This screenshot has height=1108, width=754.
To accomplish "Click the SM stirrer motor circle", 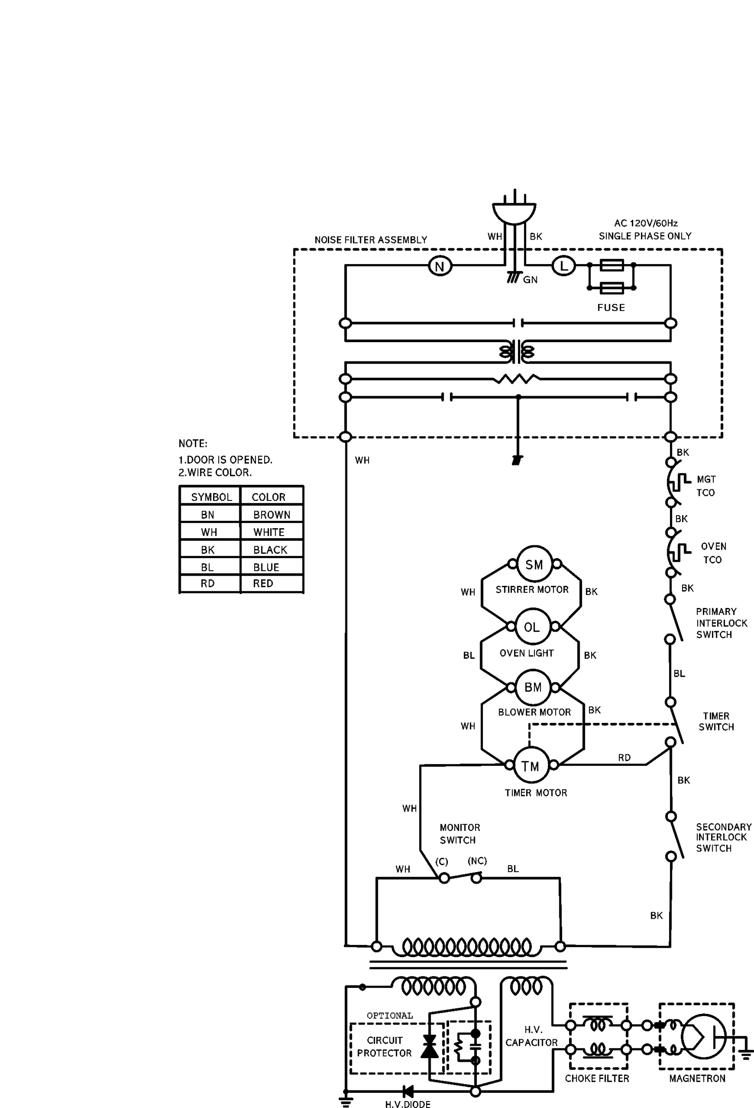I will [534, 564].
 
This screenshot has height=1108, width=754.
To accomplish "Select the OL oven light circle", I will [533, 626].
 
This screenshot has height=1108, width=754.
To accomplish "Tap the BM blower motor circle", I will [533, 687].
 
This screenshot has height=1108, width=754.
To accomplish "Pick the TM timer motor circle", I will [530, 766].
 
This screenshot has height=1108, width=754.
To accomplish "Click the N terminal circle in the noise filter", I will [439, 266].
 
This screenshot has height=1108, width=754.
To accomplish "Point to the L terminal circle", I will [564, 265].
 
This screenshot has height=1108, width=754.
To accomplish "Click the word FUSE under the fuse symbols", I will [611, 307].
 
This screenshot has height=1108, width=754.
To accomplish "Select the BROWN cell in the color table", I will [272, 515].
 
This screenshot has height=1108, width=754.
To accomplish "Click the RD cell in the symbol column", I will [208, 584].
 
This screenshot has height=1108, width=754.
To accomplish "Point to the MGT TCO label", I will [706, 486].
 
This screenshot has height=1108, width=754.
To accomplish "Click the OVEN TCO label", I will [713, 553].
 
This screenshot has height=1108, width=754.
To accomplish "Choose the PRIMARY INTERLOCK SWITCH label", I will [721, 623].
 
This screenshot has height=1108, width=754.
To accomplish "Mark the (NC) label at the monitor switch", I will [477, 861].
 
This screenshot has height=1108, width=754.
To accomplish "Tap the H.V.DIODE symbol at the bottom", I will [408, 1091].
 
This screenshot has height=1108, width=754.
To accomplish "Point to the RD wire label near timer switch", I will [624, 758].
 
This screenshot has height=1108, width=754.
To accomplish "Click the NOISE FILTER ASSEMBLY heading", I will [371, 240].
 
